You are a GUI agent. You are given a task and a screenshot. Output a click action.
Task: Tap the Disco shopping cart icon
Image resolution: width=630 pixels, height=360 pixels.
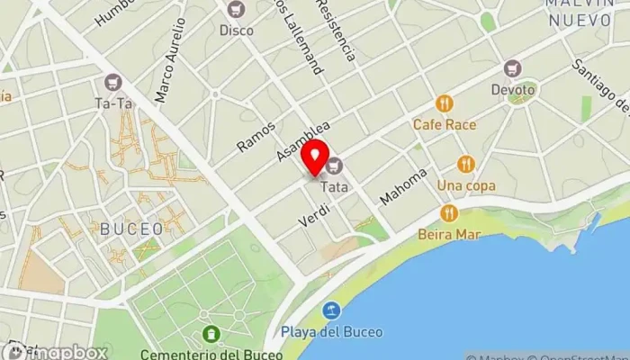(237, 10)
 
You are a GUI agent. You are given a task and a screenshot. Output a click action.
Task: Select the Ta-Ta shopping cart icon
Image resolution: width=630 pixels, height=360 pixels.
(112, 82)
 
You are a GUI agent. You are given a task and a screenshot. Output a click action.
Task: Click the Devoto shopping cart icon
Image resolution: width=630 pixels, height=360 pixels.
(513, 68)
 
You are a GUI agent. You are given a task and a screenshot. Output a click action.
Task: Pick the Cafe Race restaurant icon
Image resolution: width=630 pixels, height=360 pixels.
(444, 103)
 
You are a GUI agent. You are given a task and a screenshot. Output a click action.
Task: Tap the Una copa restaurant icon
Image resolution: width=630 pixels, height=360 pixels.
(465, 164)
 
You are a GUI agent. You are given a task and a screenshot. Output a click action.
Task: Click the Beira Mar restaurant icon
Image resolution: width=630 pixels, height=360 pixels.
(448, 213)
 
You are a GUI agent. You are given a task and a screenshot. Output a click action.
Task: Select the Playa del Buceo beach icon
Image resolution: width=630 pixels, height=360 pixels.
(332, 310)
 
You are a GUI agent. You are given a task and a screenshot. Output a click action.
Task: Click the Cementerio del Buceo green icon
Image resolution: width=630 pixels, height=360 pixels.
(211, 334)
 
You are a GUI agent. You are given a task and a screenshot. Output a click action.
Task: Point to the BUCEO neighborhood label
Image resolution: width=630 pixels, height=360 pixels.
(131, 228)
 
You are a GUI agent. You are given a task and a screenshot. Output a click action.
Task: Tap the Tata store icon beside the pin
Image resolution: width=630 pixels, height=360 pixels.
(336, 165)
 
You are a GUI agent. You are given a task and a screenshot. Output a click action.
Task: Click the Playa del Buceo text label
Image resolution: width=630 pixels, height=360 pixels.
(331, 332)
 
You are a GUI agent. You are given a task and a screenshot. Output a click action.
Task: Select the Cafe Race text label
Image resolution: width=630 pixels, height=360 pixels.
(445, 124)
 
